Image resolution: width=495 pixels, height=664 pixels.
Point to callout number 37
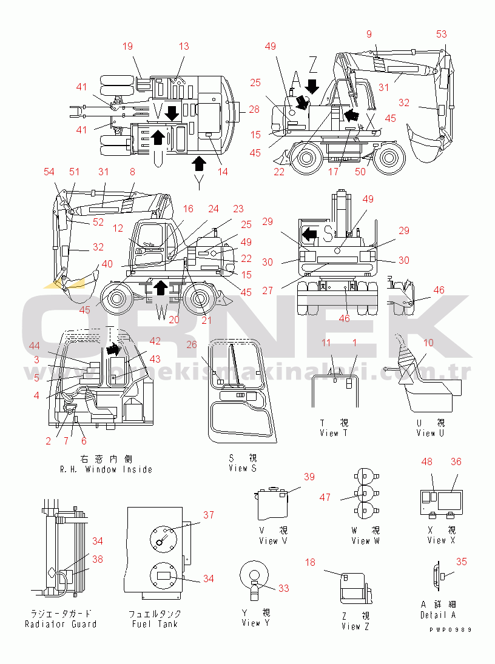point(209,515)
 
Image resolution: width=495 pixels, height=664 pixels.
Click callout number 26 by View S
point(192,345)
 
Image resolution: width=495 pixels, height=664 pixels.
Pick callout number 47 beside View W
point(326,497)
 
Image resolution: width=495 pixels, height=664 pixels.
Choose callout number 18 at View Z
point(310,563)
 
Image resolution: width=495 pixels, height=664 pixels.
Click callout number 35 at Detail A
point(462,562)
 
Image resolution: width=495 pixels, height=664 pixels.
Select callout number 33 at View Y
point(284,588)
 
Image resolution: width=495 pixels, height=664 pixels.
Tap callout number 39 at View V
point(309,477)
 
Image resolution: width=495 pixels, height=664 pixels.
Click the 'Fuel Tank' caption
point(155,623)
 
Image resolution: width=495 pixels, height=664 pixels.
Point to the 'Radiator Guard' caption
point(61,623)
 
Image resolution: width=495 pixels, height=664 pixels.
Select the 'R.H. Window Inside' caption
point(106,469)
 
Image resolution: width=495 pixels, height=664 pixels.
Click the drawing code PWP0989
point(450,629)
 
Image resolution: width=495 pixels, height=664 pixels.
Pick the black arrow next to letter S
point(310,233)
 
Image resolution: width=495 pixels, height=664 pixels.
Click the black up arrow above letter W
point(160,287)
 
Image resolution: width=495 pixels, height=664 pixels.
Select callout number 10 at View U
point(428,343)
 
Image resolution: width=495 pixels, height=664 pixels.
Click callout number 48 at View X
point(426,461)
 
